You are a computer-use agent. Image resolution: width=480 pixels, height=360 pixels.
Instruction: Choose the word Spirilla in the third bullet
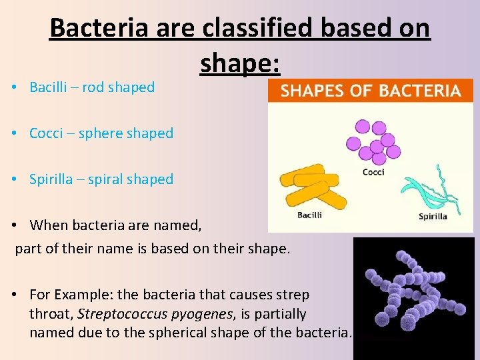coord(53,179)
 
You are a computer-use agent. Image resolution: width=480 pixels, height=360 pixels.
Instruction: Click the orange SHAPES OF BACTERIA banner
coord(371,91)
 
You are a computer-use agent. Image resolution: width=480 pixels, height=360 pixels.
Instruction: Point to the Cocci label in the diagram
coord(373,172)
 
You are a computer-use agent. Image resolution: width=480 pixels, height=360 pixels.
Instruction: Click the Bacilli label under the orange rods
coord(309,215)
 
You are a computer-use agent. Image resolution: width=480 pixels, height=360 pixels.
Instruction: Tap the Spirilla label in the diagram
coord(433,216)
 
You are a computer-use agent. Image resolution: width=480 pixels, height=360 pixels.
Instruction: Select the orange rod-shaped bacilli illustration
coord(311,187)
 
